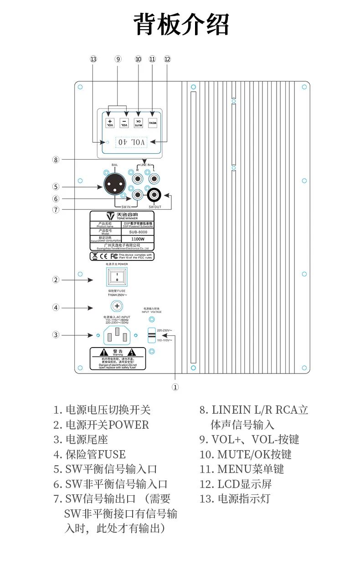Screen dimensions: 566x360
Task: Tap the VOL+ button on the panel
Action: click(x=110, y=123)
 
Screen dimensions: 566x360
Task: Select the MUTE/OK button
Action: click(x=138, y=123)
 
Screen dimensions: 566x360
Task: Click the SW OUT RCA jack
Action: click(x=154, y=196)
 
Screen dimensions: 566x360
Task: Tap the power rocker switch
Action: click(x=117, y=276)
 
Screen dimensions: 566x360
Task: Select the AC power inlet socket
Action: click(x=117, y=335)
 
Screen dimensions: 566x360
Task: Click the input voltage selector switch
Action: click(x=151, y=335)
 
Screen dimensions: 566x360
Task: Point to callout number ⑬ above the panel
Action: click(x=93, y=59)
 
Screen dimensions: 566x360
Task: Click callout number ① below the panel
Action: click(x=175, y=387)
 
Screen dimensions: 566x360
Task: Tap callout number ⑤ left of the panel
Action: click(x=56, y=187)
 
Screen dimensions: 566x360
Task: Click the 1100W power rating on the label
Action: click(x=138, y=239)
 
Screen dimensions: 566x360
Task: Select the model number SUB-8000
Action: click(x=138, y=232)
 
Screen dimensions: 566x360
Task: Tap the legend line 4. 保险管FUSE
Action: click(x=89, y=454)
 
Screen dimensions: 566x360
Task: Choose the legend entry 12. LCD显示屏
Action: click(x=236, y=484)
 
